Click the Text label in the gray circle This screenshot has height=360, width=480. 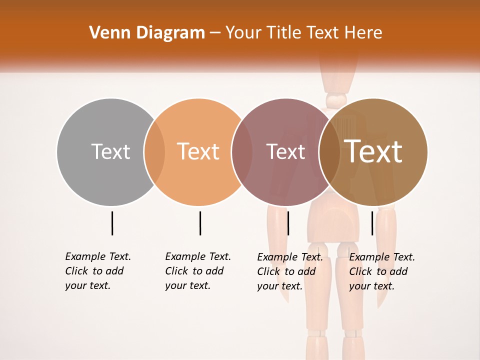coord(110,151)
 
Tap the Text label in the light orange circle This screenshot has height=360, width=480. coord(198,151)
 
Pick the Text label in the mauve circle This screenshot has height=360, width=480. coord(285,151)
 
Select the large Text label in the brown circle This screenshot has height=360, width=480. coord(373,151)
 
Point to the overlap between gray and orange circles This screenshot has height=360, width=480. coord(154,152)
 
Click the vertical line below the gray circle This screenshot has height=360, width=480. coord(112,223)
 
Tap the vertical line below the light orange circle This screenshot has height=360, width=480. coord(200,223)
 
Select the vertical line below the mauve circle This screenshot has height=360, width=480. coord(288,223)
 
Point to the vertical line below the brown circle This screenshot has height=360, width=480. coord(372,223)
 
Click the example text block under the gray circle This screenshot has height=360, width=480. coord(98,271)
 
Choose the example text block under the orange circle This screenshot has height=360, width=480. coord(198,271)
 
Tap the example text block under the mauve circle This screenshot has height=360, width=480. coord(290,271)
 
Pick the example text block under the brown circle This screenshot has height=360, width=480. coord(382,271)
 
